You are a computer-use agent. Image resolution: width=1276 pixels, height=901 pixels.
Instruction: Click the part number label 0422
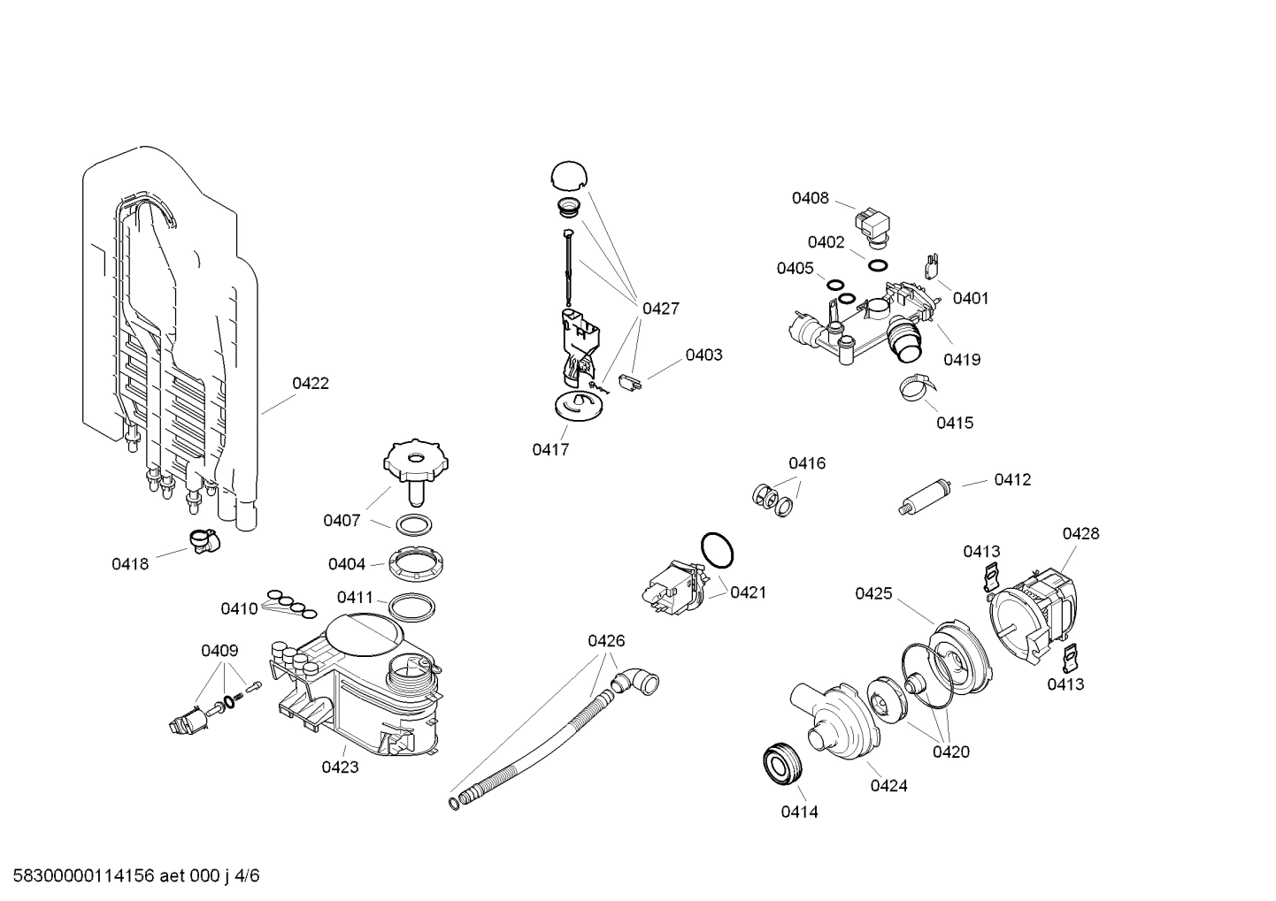pyautogui.click(x=311, y=383)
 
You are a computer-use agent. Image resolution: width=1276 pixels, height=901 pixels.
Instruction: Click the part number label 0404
pyautogui.click(x=346, y=564)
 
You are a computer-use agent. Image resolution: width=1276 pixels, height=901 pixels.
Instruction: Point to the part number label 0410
pyautogui.click(x=239, y=608)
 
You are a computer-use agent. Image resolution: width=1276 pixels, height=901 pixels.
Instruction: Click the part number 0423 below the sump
pyautogui.click(x=340, y=767)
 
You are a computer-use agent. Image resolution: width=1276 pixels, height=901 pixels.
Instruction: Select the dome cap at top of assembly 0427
pyautogui.click(x=567, y=175)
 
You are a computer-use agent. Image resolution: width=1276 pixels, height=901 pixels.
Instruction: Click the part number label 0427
pyautogui.click(x=660, y=309)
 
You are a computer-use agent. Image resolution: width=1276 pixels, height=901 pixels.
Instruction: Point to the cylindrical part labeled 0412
pyautogui.click(x=923, y=495)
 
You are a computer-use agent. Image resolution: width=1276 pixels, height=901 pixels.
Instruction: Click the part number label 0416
pyautogui.click(x=806, y=463)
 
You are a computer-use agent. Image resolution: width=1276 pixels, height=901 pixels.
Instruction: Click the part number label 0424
pyautogui.click(x=888, y=785)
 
